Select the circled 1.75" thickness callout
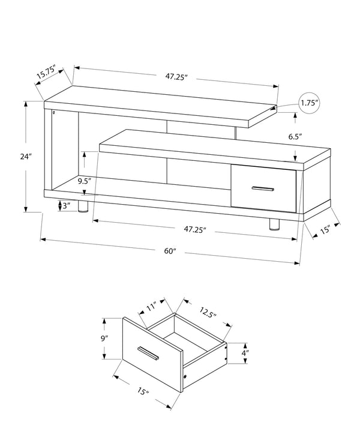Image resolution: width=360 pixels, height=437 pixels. (309, 103)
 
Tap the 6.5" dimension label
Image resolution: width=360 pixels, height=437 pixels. (295, 137)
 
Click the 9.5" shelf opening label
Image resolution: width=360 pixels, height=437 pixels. (84, 179)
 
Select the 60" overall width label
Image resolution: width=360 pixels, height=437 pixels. (170, 250)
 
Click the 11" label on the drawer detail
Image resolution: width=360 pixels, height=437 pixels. (151, 307)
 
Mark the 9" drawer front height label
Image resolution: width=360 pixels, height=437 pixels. (106, 339)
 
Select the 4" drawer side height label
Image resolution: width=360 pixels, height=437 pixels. (246, 353)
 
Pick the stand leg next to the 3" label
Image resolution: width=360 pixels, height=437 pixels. (83, 207)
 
